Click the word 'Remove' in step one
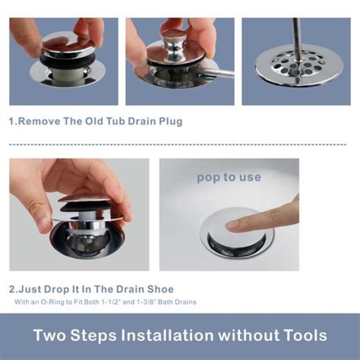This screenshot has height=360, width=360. (39, 121)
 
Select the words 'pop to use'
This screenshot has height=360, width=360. (229, 177)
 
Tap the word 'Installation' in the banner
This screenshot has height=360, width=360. (167, 335)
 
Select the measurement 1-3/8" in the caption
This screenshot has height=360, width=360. (145, 301)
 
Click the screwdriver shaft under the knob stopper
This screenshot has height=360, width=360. (216, 73)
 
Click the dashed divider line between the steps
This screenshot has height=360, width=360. (177, 144)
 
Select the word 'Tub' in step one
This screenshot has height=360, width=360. (114, 121)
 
